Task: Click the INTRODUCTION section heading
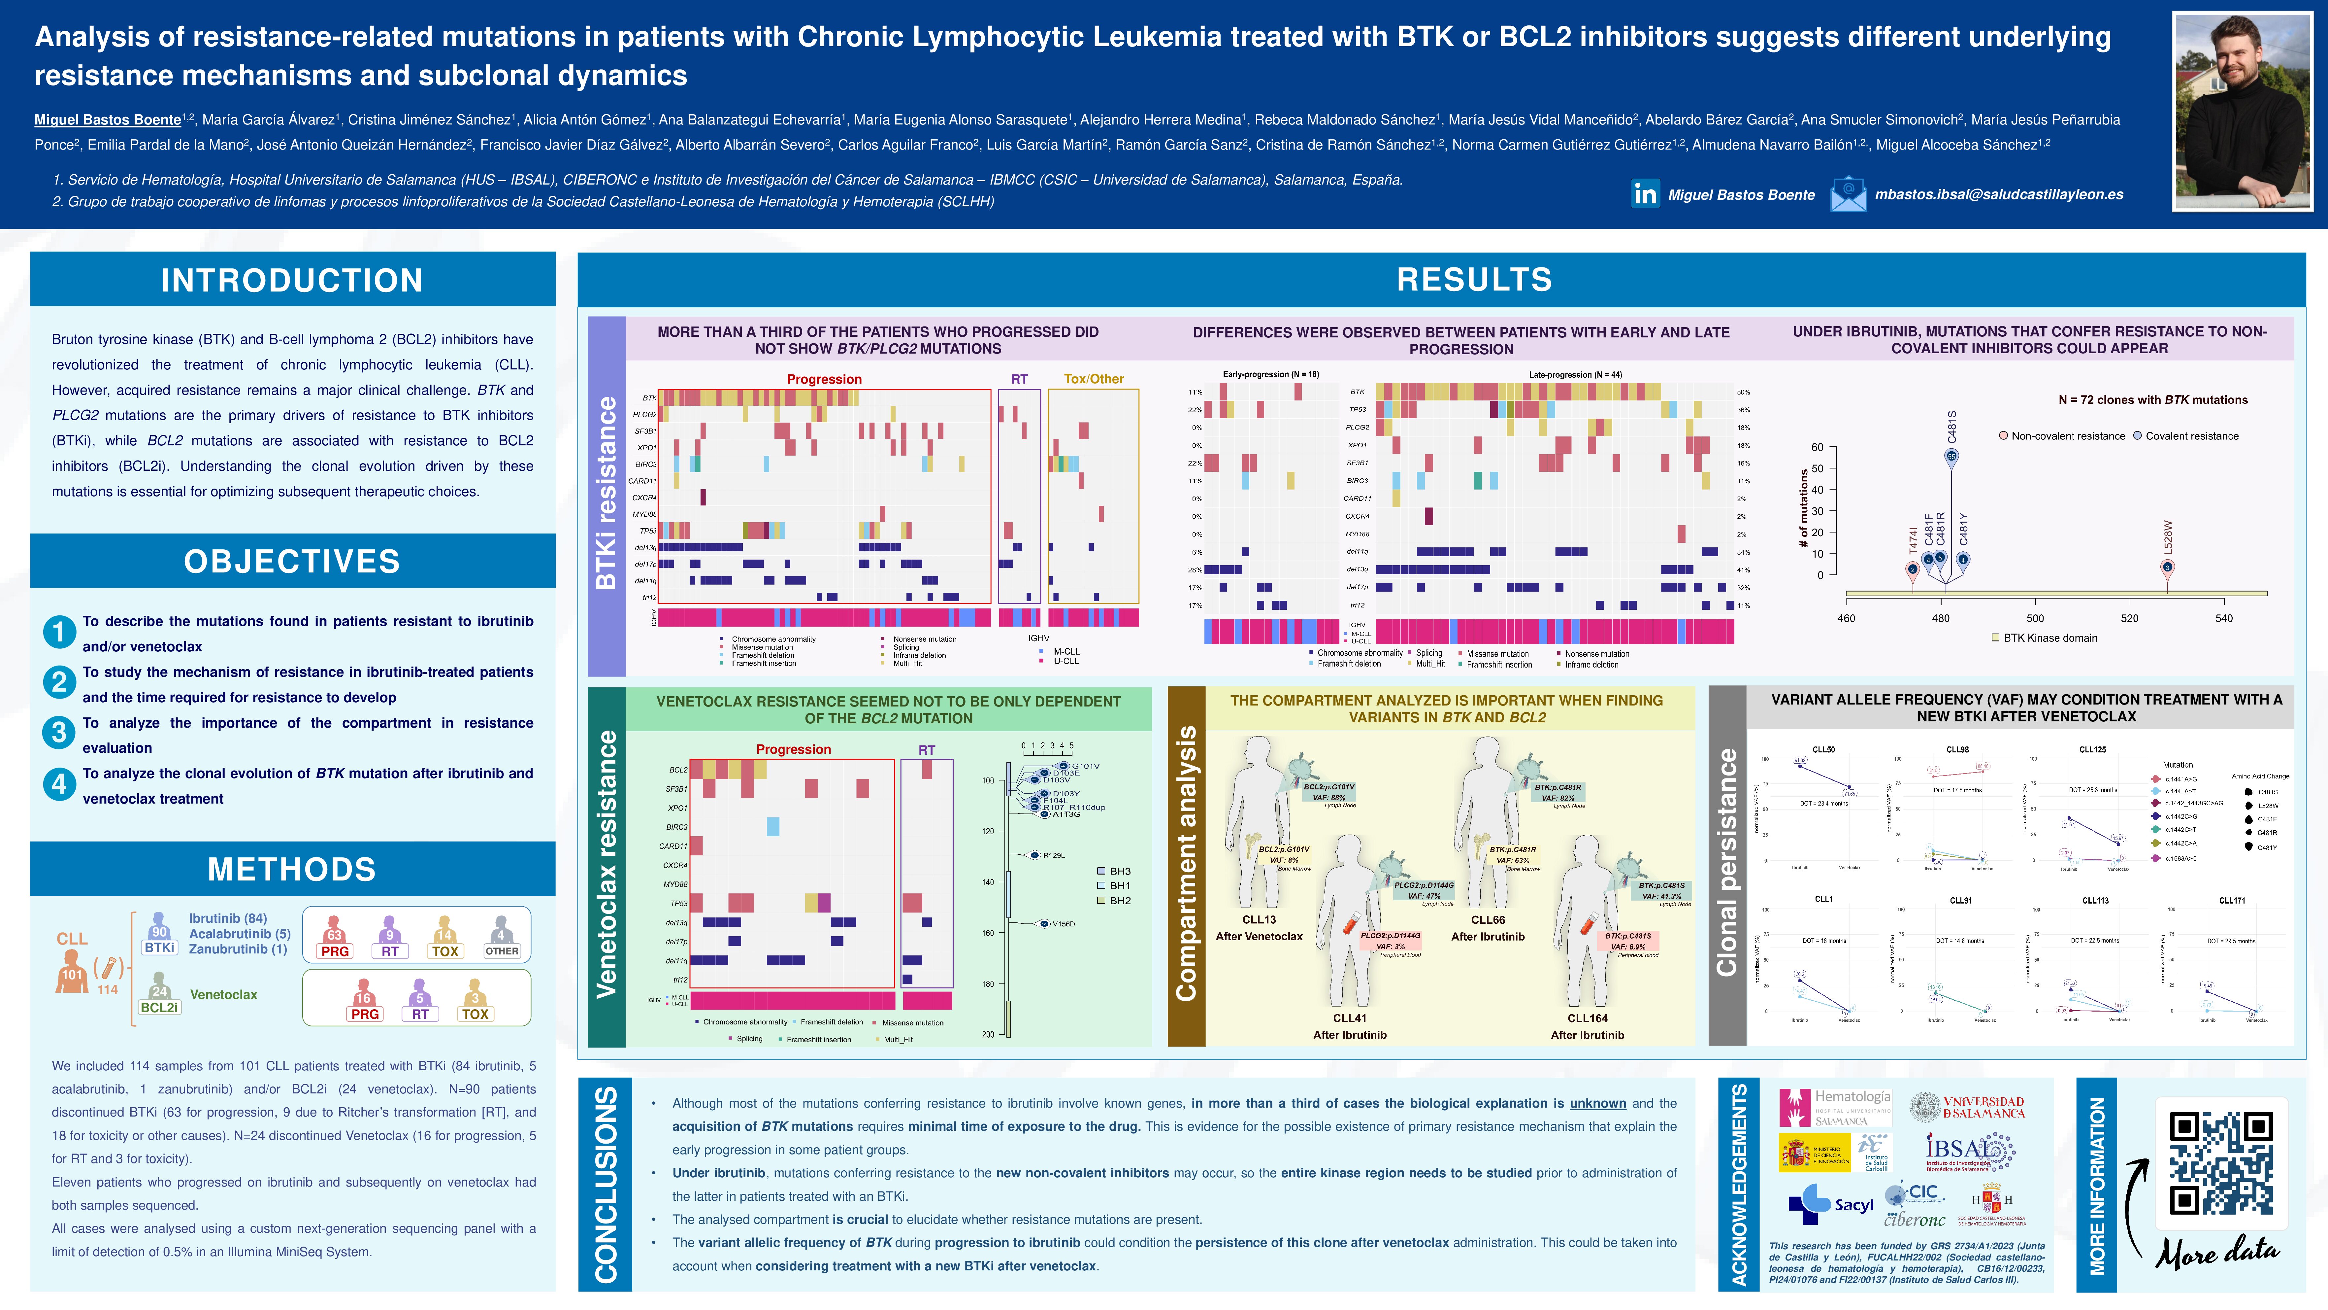coord(292,280)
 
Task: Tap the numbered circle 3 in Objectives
coord(59,732)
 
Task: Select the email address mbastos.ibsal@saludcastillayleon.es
coord(1998,194)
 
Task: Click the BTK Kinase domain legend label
coord(2049,638)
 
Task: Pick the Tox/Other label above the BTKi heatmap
coord(1094,379)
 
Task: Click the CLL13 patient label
coord(1259,919)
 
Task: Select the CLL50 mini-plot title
coord(1824,749)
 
